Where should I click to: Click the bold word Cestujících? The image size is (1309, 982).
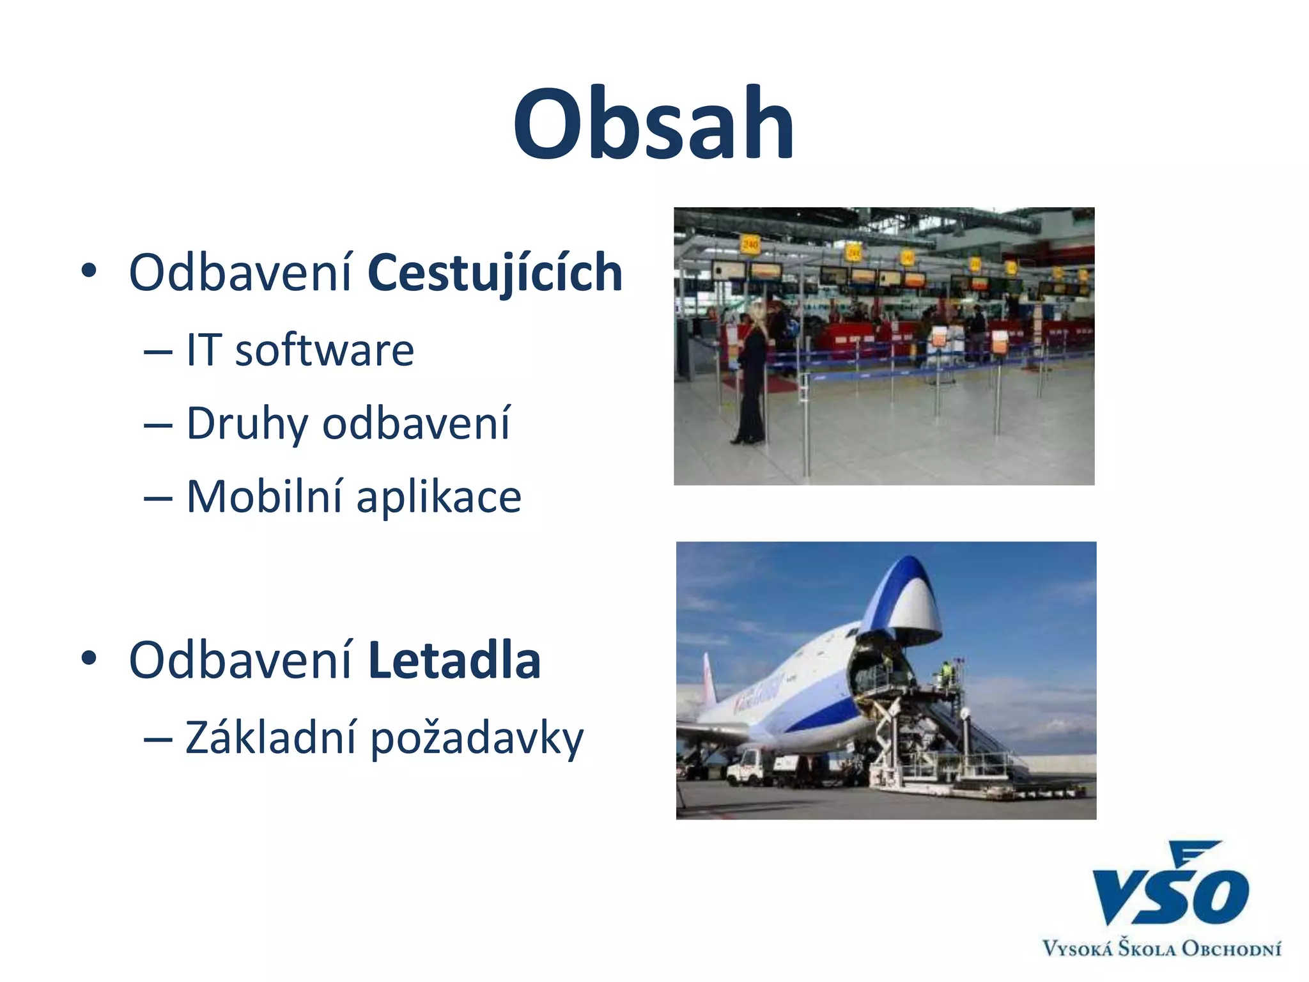click(x=495, y=273)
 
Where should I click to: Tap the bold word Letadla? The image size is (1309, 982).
click(x=454, y=660)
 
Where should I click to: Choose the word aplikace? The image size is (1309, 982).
click(x=438, y=498)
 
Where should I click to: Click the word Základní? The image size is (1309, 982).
click(x=270, y=738)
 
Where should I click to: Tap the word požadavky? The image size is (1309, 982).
click(x=477, y=739)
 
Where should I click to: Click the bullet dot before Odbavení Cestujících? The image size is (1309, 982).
click(x=89, y=270)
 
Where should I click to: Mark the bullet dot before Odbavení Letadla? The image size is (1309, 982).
click(x=89, y=658)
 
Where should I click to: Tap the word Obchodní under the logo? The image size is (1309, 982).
click(x=1231, y=948)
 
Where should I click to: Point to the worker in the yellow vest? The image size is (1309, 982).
click(x=947, y=672)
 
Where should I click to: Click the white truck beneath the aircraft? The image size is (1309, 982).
click(x=751, y=765)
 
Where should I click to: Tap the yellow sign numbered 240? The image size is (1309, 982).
click(x=749, y=244)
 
